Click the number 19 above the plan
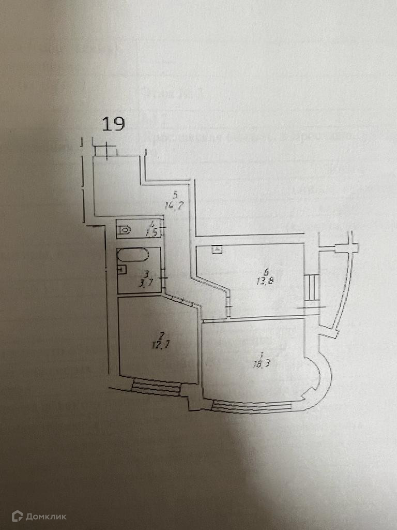(113, 124)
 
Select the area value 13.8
(264, 282)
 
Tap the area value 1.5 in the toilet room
(151, 233)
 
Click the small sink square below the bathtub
(122, 269)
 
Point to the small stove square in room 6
(217, 249)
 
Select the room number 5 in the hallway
(175, 195)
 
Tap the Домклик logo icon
(17, 516)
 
